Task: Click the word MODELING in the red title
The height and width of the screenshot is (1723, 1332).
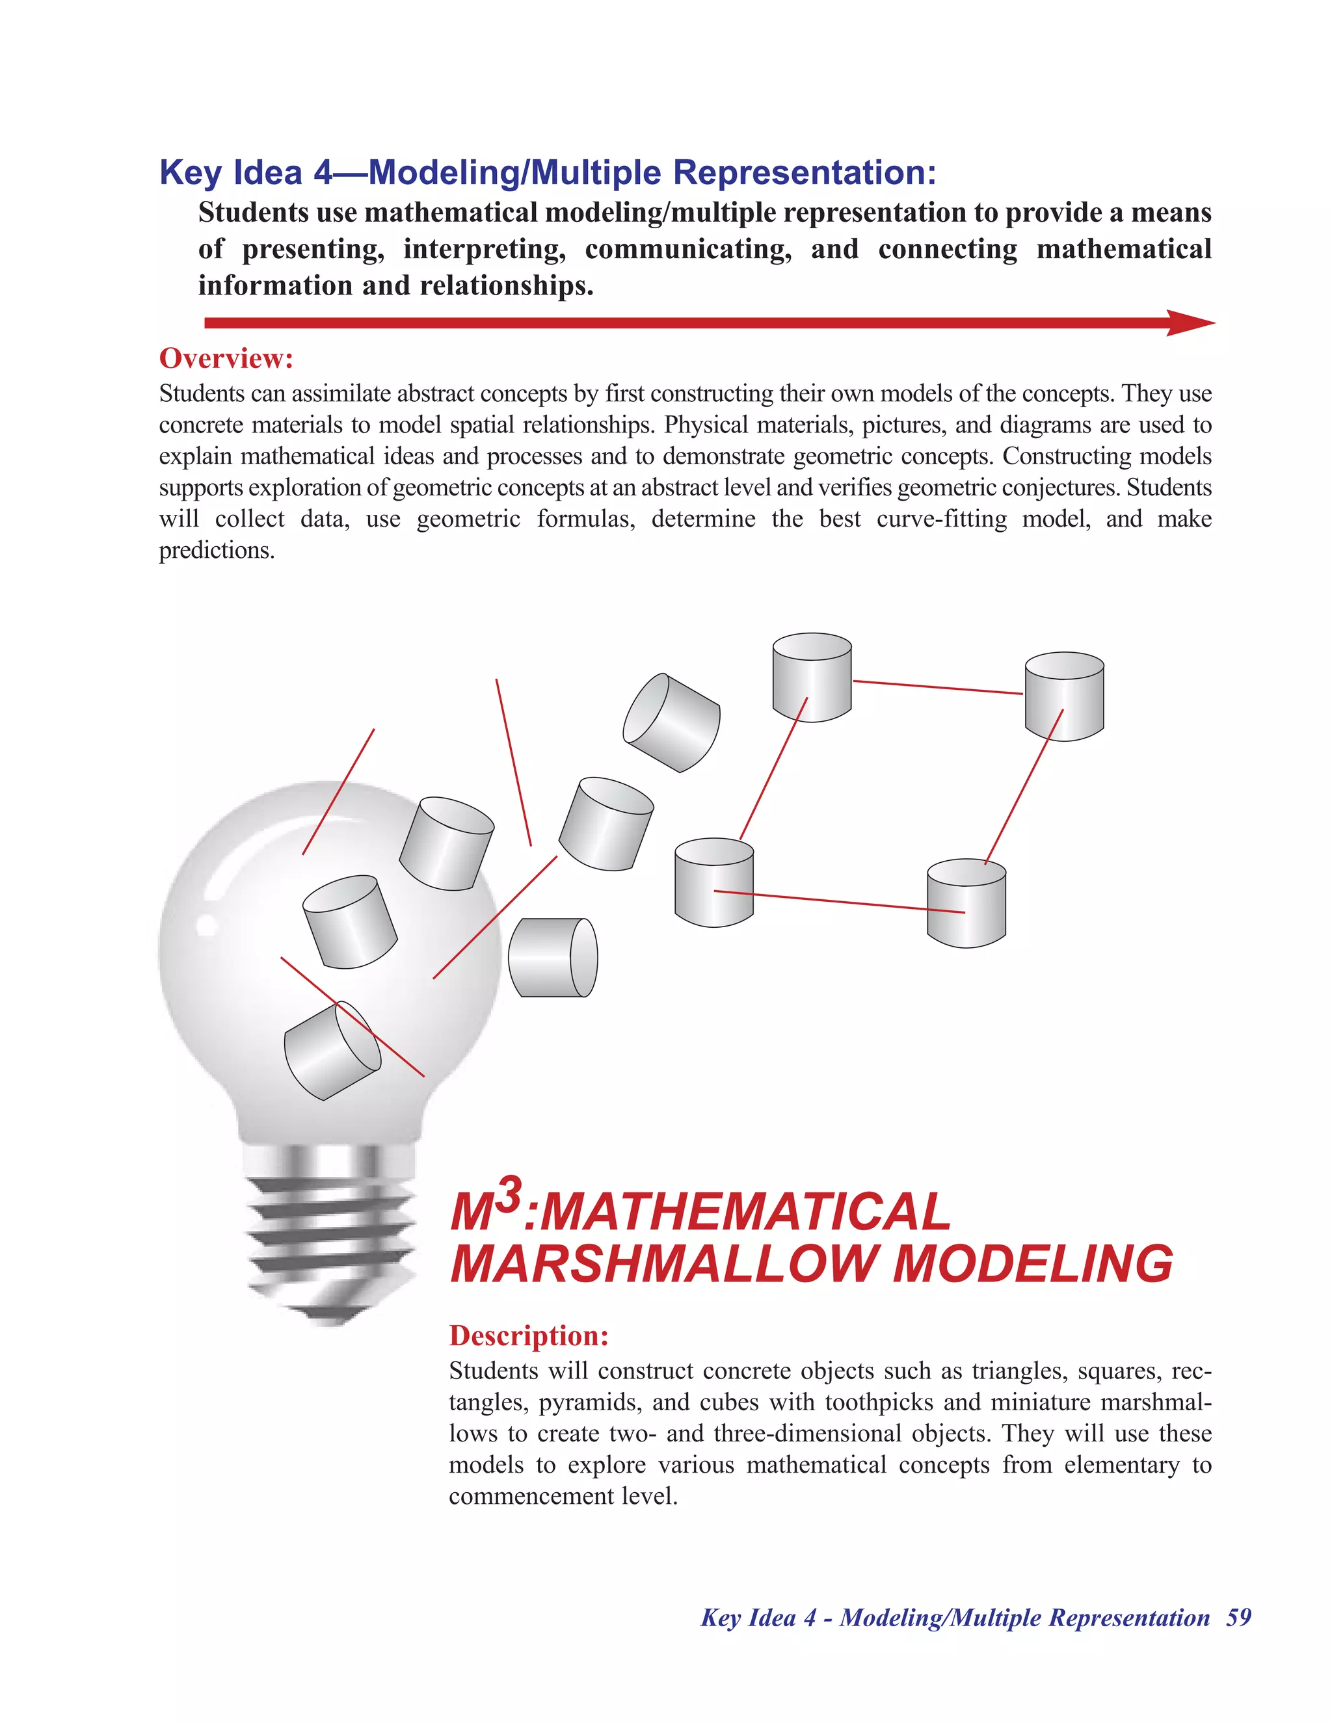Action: (1032, 1264)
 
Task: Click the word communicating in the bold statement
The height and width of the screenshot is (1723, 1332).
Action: (688, 249)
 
